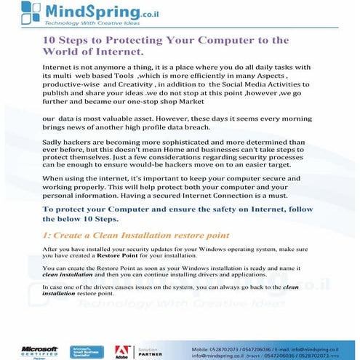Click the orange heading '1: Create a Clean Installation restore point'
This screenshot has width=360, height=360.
135,236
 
